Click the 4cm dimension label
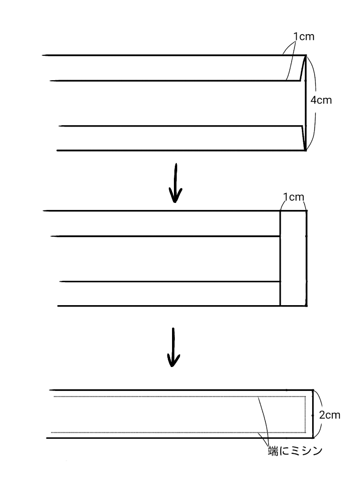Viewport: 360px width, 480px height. click(321, 100)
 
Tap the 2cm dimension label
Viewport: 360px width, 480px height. click(329, 415)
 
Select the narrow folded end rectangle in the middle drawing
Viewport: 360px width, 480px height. click(293, 258)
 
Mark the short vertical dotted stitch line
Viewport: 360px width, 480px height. click(306, 414)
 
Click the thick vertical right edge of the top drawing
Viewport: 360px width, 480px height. click(306, 103)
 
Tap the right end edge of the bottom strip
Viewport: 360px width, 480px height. click(313, 414)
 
